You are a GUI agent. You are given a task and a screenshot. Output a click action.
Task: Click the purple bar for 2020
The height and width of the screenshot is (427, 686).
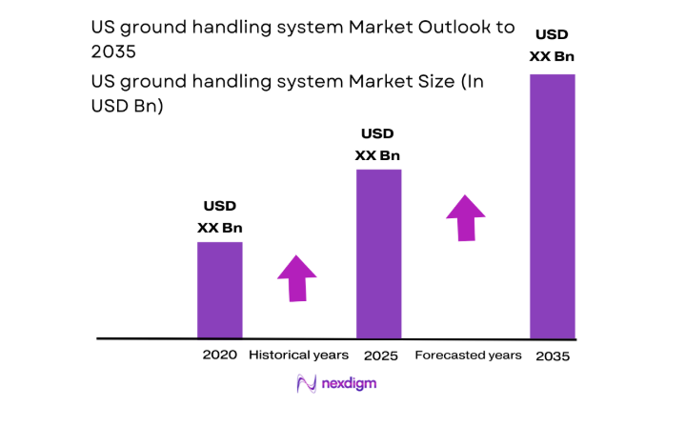[219, 290]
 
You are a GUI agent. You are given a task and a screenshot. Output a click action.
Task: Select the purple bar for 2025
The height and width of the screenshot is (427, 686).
[378, 254]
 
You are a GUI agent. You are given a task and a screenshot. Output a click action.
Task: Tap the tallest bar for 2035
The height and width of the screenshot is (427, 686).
[553, 206]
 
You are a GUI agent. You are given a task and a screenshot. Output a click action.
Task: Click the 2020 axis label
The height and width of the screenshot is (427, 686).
[219, 356]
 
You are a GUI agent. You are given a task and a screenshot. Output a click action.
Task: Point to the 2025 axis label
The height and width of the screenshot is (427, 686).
[381, 356]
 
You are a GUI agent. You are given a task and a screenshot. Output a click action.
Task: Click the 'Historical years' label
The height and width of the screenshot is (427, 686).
[293, 356]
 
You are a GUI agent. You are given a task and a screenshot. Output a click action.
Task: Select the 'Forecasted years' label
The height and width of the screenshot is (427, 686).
[469, 356]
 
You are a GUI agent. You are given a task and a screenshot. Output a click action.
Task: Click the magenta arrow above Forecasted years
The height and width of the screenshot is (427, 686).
[466, 217]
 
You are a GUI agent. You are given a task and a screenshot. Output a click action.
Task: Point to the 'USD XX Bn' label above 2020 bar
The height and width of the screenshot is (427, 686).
[220, 216]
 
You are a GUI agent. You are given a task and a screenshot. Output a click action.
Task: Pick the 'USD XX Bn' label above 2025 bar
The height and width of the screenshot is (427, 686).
[377, 144]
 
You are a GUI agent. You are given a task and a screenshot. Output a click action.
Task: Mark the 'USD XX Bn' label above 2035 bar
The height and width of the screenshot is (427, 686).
[553, 45]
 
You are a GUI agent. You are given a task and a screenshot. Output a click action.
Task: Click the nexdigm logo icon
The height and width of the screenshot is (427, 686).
[307, 384]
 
